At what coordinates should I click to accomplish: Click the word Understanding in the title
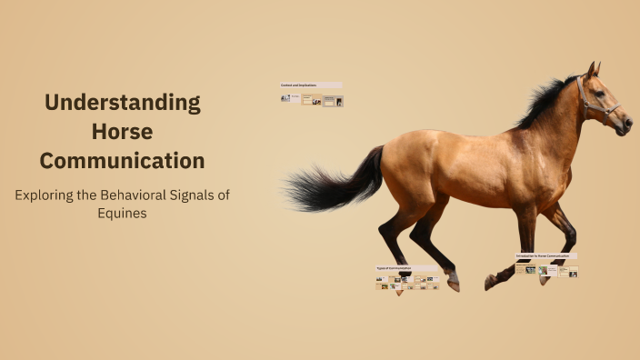(123, 102)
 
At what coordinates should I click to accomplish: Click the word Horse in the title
(123, 132)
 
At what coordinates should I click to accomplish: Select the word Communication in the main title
(123, 161)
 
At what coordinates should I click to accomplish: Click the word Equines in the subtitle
(123, 214)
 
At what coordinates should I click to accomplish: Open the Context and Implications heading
(300, 85)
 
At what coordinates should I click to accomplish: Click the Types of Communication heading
(395, 268)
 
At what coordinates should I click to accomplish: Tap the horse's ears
(593, 69)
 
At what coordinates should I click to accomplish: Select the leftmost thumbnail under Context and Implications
(285, 98)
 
